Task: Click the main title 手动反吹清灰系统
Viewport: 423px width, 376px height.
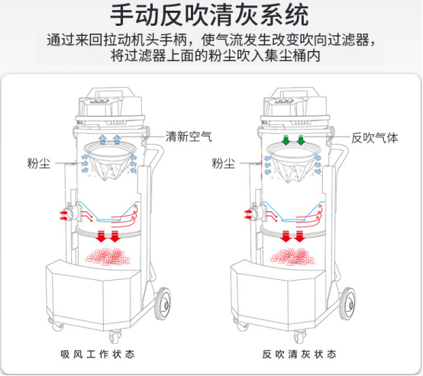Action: [x=209, y=15]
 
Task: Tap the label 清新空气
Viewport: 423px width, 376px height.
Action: [x=189, y=137]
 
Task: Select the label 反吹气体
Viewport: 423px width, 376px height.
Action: [x=375, y=138]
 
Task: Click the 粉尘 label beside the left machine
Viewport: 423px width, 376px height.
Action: [x=39, y=163]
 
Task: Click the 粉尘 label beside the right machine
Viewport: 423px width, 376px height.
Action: [x=224, y=163]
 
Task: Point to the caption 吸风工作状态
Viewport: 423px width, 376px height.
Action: [x=98, y=354]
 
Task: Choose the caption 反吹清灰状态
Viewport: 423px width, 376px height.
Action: [x=299, y=354]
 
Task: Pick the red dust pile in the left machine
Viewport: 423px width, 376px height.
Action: [x=108, y=256]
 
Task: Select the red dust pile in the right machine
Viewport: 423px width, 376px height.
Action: [x=292, y=256]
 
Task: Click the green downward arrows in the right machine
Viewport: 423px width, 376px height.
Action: [x=293, y=140]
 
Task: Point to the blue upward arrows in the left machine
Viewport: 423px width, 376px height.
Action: [x=109, y=140]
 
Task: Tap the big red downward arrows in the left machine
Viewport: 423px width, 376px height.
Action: [x=108, y=236]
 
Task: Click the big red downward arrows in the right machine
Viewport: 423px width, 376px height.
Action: [x=292, y=236]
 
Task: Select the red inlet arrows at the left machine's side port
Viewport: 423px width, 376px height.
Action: [x=63, y=215]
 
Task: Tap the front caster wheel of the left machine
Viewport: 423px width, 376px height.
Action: [x=115, y=336]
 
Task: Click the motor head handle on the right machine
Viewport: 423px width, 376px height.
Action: [x=294, y=92]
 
